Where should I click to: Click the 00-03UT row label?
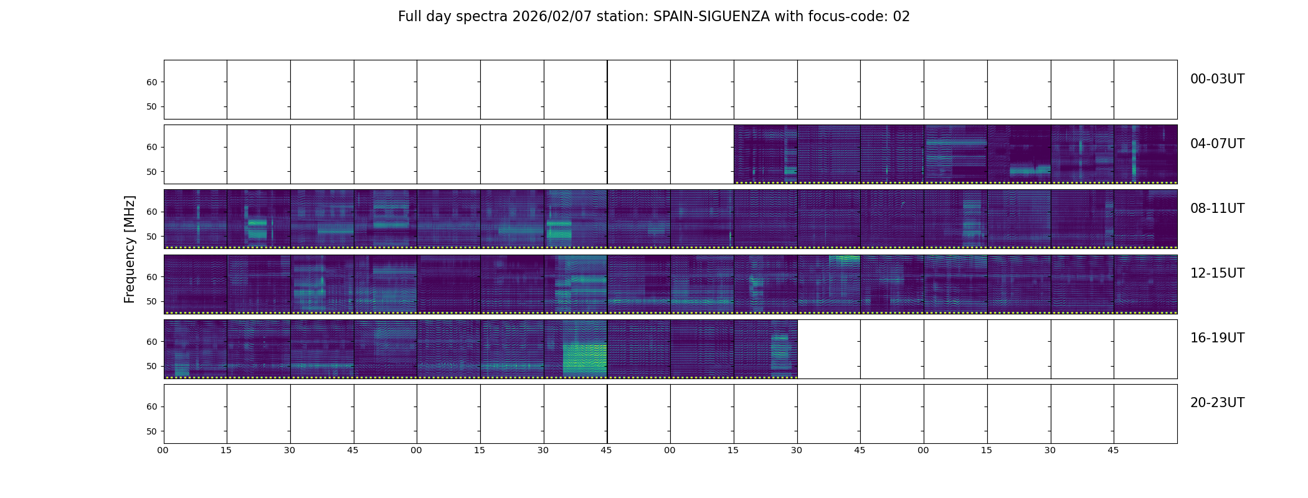coord(1217,79)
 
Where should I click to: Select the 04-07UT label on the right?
coord(1217,144)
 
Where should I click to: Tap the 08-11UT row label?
coord(1217,209)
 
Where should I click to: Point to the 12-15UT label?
coord(1217,273)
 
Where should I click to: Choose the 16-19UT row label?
coord(1217,338)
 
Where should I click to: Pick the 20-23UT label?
coord(1217,403)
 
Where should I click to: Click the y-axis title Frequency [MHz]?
coord(130,249)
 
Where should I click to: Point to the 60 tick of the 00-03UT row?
coord(152,82)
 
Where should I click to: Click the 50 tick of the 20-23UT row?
coord(152,431)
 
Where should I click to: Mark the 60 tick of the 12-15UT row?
coord(152,277)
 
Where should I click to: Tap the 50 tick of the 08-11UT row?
coord(152,237)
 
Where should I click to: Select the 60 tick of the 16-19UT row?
coord(152,342)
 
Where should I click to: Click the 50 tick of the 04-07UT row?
coord(152,172)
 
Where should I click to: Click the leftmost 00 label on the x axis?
coord(163,450)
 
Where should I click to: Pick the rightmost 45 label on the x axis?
coord(1113,450)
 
